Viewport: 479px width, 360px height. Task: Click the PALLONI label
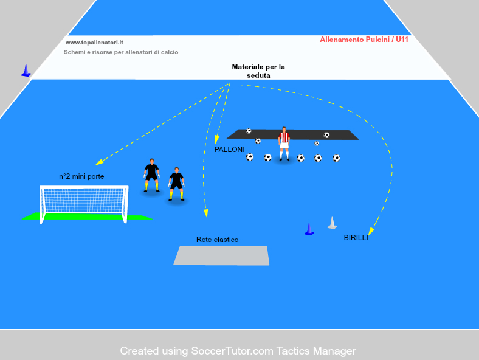(229, 150)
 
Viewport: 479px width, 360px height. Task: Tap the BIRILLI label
(356, 238)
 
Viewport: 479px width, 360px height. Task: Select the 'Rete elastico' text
(217, 240)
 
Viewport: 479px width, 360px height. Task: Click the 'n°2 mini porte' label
(81, 176)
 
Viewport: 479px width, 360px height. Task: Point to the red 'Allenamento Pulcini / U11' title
(364, 40)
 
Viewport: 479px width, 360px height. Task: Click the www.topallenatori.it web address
(94, 43)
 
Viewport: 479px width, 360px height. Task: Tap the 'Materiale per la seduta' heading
(258, 71)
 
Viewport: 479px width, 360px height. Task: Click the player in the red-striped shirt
(284, 144)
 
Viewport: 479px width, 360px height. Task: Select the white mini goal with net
(84, 204)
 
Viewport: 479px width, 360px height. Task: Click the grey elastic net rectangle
(221, 255)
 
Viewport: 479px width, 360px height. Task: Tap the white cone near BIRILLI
(332, 223)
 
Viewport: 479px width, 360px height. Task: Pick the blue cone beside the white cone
(309, 229)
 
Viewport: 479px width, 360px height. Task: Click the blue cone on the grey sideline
(26, 71)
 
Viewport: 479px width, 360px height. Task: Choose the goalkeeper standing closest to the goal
(151, 175)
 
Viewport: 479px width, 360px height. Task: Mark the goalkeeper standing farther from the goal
(176, 184)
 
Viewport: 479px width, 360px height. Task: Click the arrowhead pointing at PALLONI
(216, 139)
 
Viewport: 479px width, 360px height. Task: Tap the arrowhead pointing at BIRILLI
(371, 231)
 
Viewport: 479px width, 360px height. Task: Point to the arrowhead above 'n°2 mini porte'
(99, 162)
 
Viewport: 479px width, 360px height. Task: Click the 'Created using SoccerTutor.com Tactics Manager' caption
(238, 351)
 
